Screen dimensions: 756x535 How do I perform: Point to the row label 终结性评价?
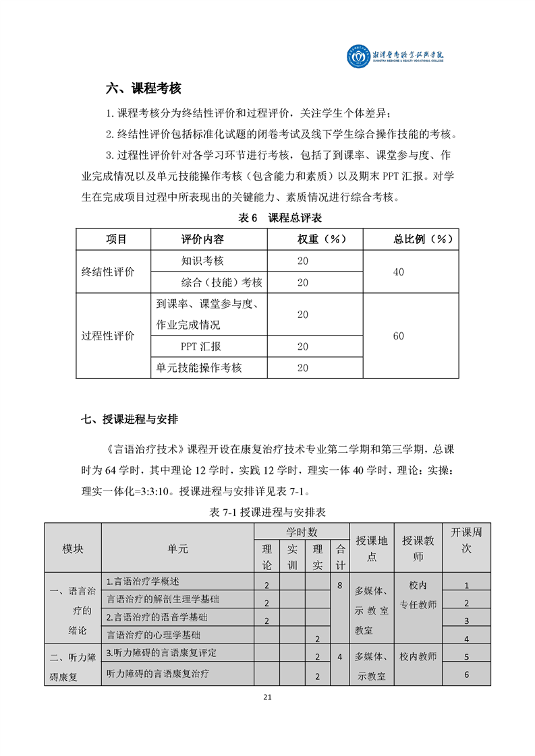tap(108, 272)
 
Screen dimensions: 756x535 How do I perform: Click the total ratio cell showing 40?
tap(398, 272)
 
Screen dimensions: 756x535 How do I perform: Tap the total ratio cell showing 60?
tap(398, 336)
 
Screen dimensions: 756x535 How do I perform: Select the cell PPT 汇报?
tap(200, 346)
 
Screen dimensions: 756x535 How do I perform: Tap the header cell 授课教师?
tap(418, 548)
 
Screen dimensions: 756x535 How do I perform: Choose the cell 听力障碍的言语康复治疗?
tap(159, 673)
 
